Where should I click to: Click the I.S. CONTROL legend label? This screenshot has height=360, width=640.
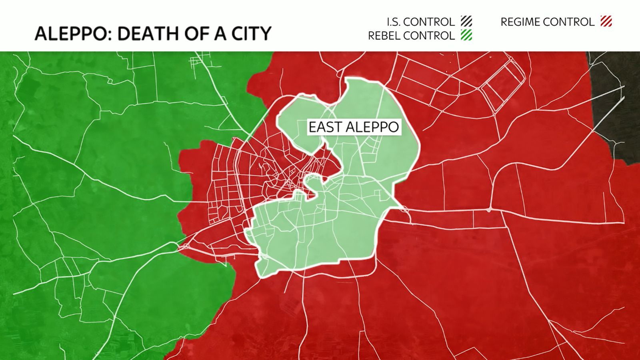pyautogui.click(x=420, y=22)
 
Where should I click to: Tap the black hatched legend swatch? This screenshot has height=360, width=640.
pyautogui.click(x=466, y=21)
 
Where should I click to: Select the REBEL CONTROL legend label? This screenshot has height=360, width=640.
pyautogui.click(x=411, y=36)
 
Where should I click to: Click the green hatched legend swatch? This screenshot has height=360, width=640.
pyautogui.click(x=466, y=35)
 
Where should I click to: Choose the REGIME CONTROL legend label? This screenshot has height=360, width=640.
pyautogui.click(x=547, y=22)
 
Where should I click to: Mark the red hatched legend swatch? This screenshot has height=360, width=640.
pyautogui.click(x=606, y=21)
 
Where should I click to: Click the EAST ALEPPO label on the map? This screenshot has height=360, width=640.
pyautogui.click(x=354, y=127)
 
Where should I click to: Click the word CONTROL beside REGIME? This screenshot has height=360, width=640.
pyautogui.click(x=572, y=22)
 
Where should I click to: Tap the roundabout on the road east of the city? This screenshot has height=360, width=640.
pyautogui.click(x=489, y=210)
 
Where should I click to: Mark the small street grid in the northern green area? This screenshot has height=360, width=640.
pyautogui.click(x=196, y=62)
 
